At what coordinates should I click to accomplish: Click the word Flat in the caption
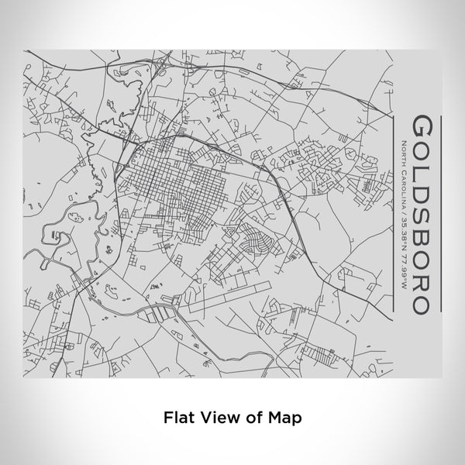[x=177, y=417]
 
